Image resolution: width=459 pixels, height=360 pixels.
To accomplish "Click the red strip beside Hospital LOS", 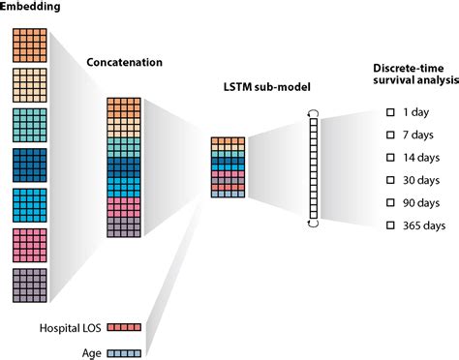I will [126, 328].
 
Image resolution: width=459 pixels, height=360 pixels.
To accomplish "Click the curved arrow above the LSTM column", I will [312, 113].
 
